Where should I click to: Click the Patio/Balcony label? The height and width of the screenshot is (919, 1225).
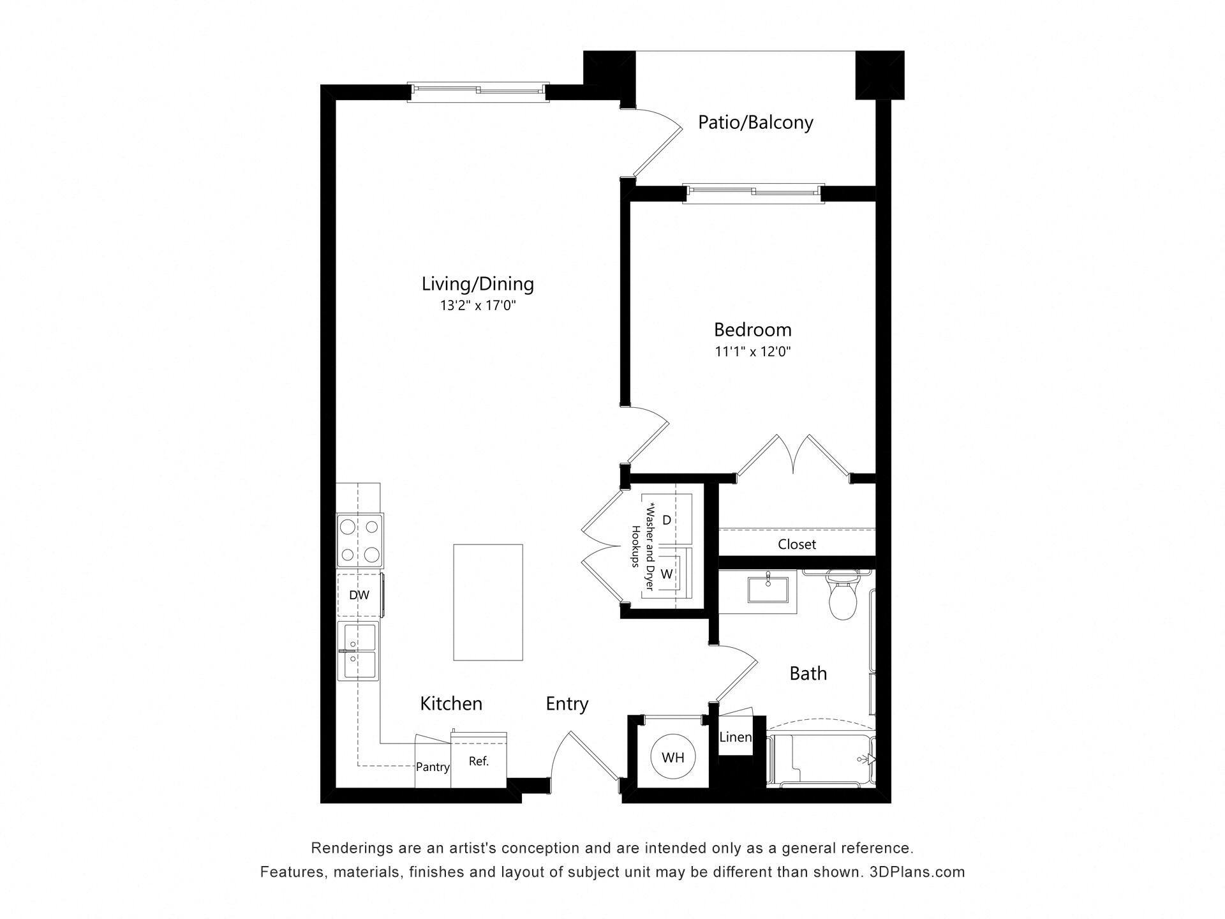click(x=755, y=122)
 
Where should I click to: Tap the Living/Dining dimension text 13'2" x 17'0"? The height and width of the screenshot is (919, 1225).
click(x=478, y=306)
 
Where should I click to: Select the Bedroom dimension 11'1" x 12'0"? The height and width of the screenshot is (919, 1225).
click(x=753, y=352)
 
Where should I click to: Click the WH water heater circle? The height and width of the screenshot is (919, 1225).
click(x=672, y=758)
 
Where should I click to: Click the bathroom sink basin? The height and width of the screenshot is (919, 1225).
click(x=768, y=589)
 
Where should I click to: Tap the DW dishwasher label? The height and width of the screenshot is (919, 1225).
click(x=359, y=595)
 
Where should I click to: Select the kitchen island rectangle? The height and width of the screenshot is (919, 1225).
click(x=488, y=602)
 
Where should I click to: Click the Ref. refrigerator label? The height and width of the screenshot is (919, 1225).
click(x=479, y=761)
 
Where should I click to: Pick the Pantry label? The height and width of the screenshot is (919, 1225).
click(x=433, y=767)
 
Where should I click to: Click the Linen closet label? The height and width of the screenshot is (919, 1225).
click(x=735, y=738)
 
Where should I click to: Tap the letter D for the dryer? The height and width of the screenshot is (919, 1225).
click(x=667, y=520)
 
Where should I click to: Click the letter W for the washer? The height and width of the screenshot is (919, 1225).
click(x=667, y=574)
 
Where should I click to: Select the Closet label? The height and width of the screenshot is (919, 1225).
click(x=797, y=544)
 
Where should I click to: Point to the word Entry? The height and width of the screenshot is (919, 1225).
click(x=567, y=704)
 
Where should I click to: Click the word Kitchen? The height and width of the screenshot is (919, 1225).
click(x=451, y=704)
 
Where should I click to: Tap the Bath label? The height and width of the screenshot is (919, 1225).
click(x=808, y=673)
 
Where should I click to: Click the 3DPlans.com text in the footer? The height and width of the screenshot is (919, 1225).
click(x=917, y=872)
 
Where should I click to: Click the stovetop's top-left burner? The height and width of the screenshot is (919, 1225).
click(x=348, y=527)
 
